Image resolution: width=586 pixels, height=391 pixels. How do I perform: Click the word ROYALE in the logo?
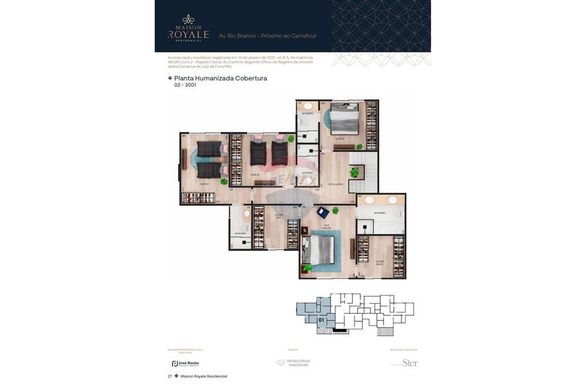[188, 35]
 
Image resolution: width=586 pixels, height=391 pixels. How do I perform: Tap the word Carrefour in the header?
[302, 36]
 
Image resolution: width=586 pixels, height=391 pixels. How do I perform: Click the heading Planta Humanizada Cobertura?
[220, 78]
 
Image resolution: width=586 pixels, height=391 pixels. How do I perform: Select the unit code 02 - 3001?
[185, 86]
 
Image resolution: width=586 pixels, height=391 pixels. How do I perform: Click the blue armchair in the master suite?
[323, 213]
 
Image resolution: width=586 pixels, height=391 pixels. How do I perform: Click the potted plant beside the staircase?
[354, 173]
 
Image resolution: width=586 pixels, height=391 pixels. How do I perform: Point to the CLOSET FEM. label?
[279, 215]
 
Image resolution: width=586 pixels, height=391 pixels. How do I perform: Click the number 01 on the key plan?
[321, 321]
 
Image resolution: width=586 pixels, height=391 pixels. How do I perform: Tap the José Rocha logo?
[185, 363]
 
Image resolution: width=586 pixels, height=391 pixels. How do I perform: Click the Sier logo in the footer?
[410, 363]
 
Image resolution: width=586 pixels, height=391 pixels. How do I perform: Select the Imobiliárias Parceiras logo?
[293, 363]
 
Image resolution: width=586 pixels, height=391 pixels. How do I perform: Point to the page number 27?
[170, 376]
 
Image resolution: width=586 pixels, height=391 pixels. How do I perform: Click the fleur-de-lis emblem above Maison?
[188, 19]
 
